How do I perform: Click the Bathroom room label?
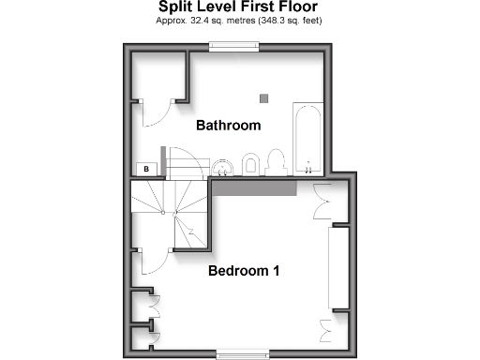point(227,126)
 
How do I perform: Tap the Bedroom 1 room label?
point(244,272)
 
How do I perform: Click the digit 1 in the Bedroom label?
point(277,272)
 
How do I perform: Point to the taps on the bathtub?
point(308,169)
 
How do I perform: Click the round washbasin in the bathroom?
point(224,167)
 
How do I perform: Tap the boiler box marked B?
point(146,169)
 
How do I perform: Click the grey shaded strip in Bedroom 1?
point(254,187)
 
